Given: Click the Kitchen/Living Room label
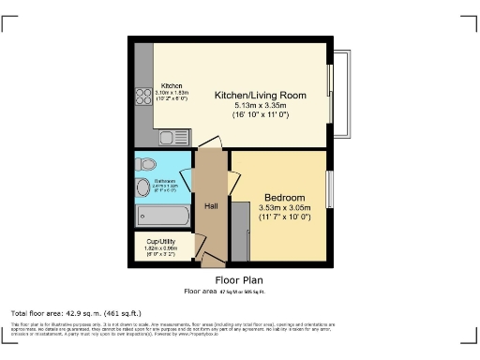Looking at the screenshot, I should (x=261, y=96).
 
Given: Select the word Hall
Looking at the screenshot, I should (x=212, y=205).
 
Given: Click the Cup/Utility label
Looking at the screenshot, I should (x=161, y=241).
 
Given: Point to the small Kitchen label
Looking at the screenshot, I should (x=172, y=85).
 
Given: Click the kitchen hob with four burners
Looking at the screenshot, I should (x=144, y=96).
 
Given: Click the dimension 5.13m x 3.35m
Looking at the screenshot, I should (x=261, y=106).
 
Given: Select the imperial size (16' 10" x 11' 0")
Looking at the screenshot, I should (x=261, y=115).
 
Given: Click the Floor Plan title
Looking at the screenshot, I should (x=239, y=279).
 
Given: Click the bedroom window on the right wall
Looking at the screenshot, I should (x=329, y=191).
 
